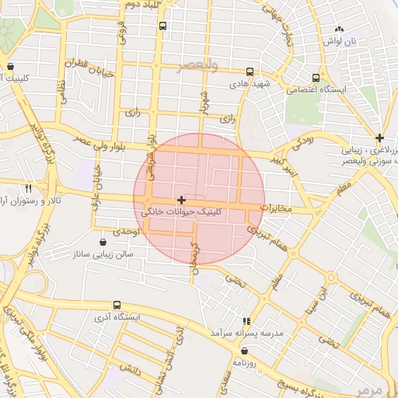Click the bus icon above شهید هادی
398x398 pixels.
pos(249,70)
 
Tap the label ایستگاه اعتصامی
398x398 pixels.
pos(316,90)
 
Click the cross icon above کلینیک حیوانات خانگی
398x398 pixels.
pos(182,200)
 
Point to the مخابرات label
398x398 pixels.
pos(275,208)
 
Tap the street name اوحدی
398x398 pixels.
pos(125,232)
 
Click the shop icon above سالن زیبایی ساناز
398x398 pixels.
pos(103,242)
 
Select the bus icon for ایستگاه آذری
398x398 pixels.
pos(117,305)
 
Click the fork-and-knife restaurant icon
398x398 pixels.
pos(29,188)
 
